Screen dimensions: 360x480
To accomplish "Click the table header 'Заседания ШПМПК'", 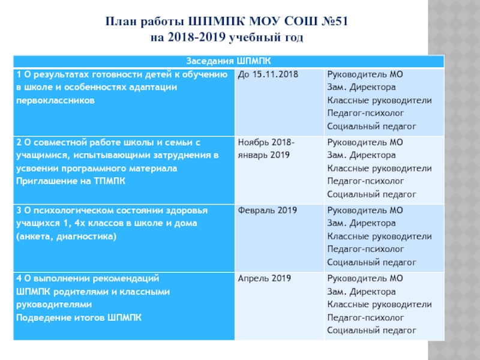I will click(227, 61).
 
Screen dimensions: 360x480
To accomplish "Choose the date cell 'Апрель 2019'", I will click(265, 278).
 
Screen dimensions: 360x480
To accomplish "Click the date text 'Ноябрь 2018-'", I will click(266, 143).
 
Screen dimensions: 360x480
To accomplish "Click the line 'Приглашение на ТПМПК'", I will click(70, 181).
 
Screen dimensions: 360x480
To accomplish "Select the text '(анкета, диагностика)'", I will click(66, 236).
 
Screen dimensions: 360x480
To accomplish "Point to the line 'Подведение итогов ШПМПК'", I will click(79, 317).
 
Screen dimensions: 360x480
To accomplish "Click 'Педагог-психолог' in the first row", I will click(365, 113).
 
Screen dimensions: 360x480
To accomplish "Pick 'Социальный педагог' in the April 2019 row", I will click(371, 331).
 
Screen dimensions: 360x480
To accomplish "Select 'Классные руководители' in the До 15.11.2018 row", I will click(379, 100).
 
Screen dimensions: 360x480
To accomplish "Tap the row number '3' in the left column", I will click(19, 211).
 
